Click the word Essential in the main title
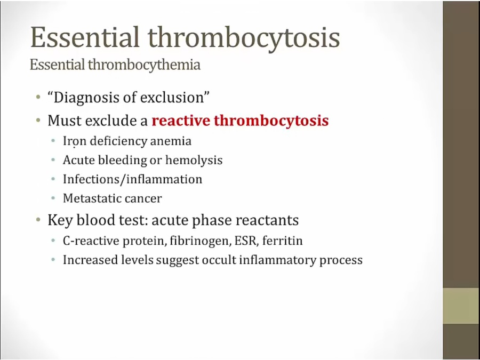pyautogui.click(x=85, y=37)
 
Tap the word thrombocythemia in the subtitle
pyautogui.click(x=144, y=65)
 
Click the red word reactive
pyautogui.click(x=181, y=121)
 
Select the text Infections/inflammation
pyautogui.click(x=133, y=179)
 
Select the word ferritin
pyautogui.click(x=282, y=241)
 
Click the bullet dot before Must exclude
pyautogui.click(x=38, y=120)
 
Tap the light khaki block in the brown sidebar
pyautogui.click(x=461, y=306)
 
